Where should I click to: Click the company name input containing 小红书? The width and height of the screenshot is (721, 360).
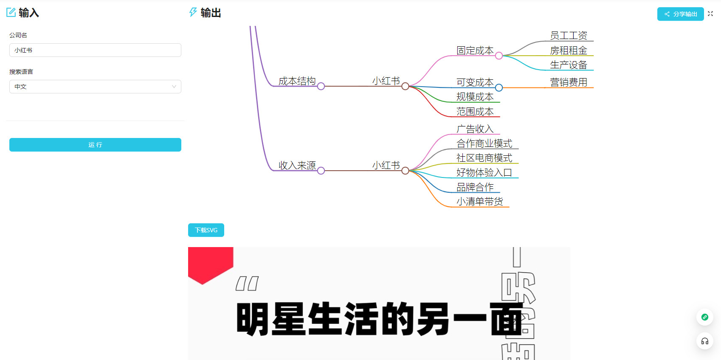coord(95,50)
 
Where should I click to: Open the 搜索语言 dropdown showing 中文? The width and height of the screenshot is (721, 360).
coord(95,87)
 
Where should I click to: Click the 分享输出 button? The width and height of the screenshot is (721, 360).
coord(680,14)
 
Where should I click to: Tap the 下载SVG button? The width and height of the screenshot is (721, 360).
coord(206,230)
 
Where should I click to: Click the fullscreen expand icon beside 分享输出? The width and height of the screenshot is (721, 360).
coord(710,14)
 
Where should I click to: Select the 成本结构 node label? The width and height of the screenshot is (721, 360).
coord(297,81)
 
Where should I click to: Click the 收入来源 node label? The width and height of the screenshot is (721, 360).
coord(297,166)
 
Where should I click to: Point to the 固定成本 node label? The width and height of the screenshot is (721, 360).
coord(475,51)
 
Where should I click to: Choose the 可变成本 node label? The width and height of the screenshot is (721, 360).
coord(475,82)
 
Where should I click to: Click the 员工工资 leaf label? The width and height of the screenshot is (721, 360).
coord(569,35)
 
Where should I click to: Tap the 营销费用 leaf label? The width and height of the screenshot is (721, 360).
coord(569,82)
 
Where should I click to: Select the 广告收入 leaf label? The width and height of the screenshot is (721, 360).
coord(475,129)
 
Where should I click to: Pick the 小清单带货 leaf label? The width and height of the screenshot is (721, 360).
coord(480,202)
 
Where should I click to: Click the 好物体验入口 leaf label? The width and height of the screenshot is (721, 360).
coord(484,172)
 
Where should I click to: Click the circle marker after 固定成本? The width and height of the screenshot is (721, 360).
coord(499,56)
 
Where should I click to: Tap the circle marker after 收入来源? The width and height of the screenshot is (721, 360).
coord(321,171)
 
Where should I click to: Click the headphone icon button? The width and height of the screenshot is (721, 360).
coord(704,341)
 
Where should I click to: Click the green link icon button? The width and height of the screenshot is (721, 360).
coord(704,317)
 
